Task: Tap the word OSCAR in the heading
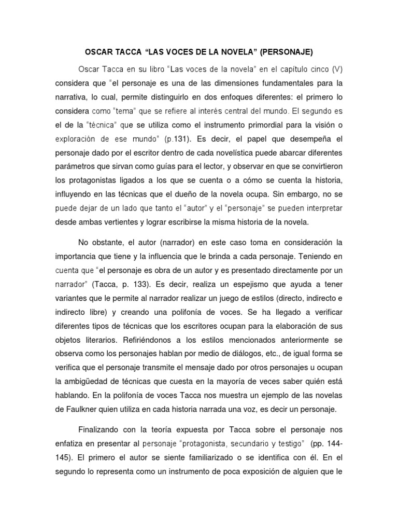(98, 52)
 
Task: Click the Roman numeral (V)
(337, 68)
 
